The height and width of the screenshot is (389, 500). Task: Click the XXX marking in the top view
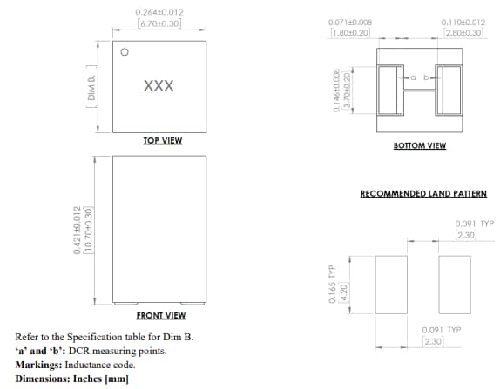tap(159, 87)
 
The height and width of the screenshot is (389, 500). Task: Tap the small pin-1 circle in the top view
tap(125, 52)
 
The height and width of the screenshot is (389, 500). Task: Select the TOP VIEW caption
tap(162, 140)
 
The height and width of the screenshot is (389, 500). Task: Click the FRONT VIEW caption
tap(161, 315)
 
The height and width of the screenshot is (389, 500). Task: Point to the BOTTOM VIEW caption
tap(420, 145)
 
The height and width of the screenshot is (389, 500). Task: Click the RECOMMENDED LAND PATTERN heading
tap(423, 193)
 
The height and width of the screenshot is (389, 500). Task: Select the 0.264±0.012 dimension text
tap(159, 12)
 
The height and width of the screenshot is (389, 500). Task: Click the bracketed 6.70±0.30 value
tap(159, 23)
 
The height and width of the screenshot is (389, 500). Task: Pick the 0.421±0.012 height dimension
tap(78, 230)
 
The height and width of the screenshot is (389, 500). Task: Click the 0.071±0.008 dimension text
tap(350, 22)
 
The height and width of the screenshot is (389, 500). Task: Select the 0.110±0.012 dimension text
tap(463, 22)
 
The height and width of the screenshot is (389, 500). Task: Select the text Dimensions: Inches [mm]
tap(72, 379)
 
